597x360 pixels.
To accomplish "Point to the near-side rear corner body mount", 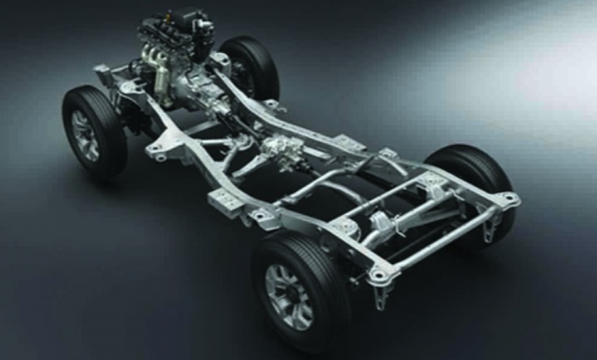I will click(379, 273).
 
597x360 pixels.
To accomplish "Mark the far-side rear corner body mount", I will click(507, 200).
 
